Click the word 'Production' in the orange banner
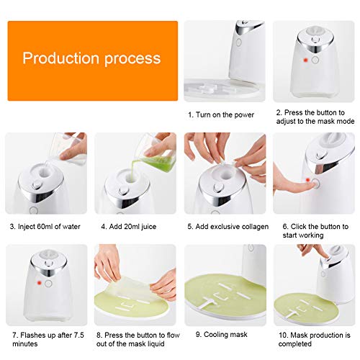[x=61, y=58]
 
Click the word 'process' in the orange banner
[x=132, y=59]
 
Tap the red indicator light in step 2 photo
[x=305, y=60]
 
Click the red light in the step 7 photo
[x=39, y=283]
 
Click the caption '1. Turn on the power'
[x=221, y=114]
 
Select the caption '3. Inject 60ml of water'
[x=45, y=227]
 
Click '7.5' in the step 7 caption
[x=78, y=335]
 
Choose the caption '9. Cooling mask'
[x=221, y=335]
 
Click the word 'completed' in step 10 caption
[x=295, y=343]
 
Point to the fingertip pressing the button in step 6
[x=312, y=184]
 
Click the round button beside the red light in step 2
[x=315, y=60]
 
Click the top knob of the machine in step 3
[x=37, y=184]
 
